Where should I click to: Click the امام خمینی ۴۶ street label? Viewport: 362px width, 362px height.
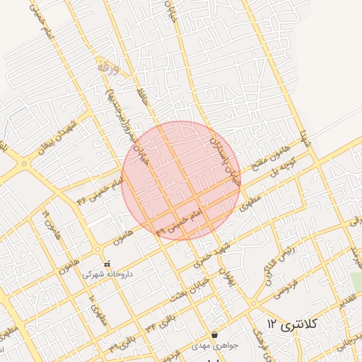(x=101, y=192)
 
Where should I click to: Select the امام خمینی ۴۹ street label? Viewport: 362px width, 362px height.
(x=185, y=221)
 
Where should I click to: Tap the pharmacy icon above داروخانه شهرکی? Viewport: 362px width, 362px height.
(x=107, y=264)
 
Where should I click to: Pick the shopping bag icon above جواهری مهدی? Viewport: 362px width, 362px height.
(x=214, y=334)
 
